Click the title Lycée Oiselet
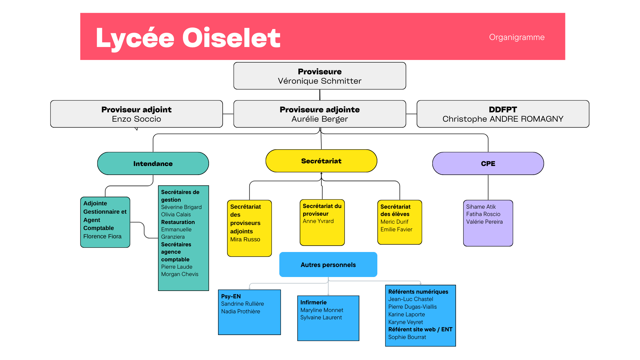click(x=188, y=38)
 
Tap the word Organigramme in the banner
click(x=517, y=37)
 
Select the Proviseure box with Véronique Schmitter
click(x=320, y=76)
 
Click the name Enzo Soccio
click(x=136, y=119)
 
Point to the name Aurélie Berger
click(x=320, y=119)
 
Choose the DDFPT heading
click(x=503, y=110)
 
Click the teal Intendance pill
click(x=153, y=164)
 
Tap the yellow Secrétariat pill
click(x=321, y=161)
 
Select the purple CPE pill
click(x=488, y=164)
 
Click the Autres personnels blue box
click(x=328, y=265)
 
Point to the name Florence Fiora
click(x=102, y=236)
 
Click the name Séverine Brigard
click(x=181, y=207)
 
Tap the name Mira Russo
click(x=245, y=239)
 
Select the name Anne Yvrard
click(x=318, y=221)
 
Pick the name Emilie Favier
click(x=396, y=229)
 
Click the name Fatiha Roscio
click(x=483, y=214)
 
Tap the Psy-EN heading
click(x=231, y=296)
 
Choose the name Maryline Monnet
click(x=322, y=310)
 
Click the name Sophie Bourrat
click(x=407, y=337)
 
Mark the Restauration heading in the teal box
click(x=178, y=222)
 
